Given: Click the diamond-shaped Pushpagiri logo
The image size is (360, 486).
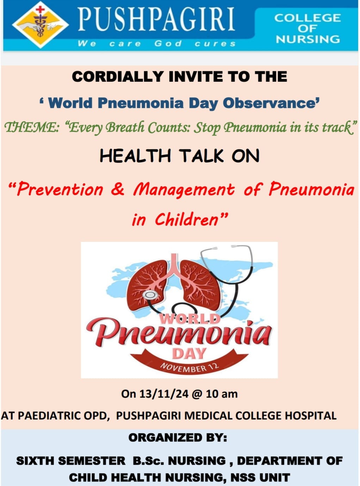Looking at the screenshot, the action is click(41, 25).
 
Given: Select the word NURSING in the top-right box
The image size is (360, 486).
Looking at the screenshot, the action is click(308, 39).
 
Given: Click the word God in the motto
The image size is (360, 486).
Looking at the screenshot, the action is click(168, 43).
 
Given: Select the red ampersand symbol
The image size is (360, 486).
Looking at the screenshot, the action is click(118, 189).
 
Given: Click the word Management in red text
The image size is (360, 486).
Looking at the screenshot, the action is click(184, 190).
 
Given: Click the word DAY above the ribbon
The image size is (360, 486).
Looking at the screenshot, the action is click(189, 353).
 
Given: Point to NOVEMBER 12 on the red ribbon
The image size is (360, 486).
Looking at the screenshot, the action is click(190, 367).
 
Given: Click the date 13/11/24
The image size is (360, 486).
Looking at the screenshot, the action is click(164, 394).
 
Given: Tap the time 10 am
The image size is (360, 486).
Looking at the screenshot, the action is click(222, 394).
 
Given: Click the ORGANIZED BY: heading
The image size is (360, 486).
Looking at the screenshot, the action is click(178, 437).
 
